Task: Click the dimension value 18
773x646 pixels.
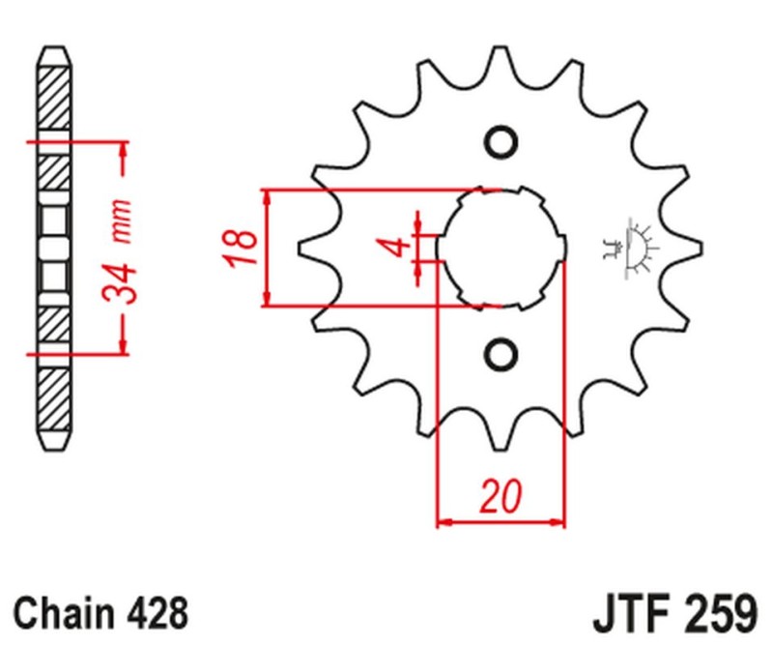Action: [x=244, y=248]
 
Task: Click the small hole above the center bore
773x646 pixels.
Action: [x=501, y=142]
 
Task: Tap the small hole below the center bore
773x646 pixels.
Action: [x=501, y=353]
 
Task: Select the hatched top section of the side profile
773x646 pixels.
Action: [x=55, y=97]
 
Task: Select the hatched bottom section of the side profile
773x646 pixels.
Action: [x=55, y=396]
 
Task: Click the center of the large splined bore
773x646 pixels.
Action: [x=501, y=248]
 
